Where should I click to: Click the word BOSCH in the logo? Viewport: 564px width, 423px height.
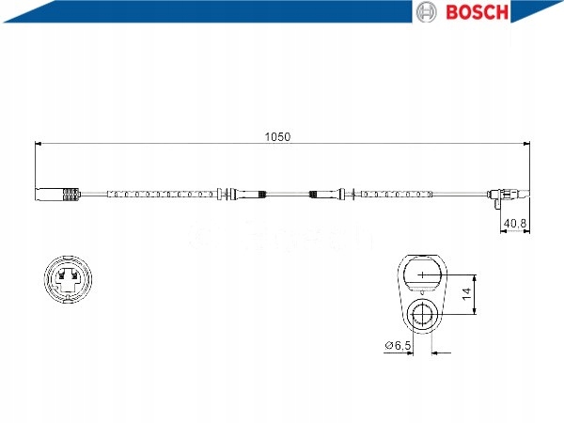point(477,12)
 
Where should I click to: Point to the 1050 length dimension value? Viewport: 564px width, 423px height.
point(277,136)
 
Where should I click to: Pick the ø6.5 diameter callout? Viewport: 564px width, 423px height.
point(399,347)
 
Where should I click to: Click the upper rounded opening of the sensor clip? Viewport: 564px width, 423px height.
point(423,273)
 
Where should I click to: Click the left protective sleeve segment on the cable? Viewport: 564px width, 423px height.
point(160,196)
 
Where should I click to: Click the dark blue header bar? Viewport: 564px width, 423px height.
point(188,10)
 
